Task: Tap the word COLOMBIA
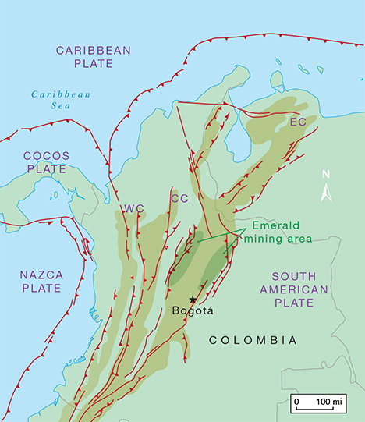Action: [x=254, y=340]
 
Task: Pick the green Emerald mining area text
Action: [x=280, y=232]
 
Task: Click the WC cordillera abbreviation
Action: [x=133, y=208]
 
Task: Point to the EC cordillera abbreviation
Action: [x=297, y=122]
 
